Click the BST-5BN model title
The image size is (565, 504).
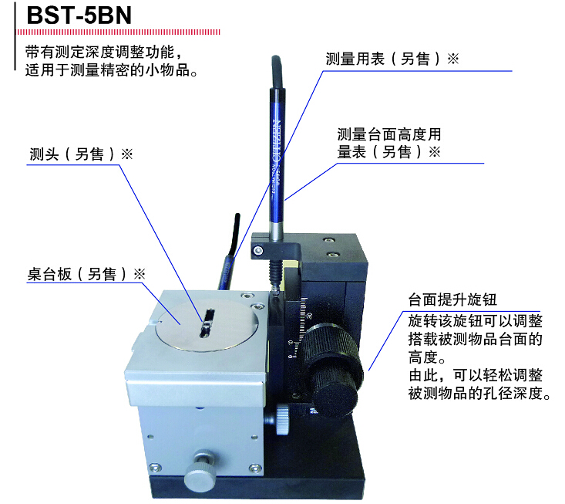point(79,15)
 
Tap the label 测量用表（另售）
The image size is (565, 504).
point(392,59)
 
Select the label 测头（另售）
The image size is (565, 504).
point(81,154)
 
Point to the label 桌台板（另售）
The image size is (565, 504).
point(86,274)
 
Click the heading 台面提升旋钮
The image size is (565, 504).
point(452,299)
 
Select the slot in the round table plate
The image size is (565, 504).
point(207,323)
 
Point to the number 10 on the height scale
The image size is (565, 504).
point(291,343)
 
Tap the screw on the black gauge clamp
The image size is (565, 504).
point(258,251)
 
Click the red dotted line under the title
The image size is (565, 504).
point(119,32)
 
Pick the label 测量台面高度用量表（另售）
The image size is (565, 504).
point(389,144)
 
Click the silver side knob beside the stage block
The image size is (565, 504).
point(282,420)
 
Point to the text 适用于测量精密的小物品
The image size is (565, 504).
point(111,69)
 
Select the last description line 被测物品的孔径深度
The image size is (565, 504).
point(479,393)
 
